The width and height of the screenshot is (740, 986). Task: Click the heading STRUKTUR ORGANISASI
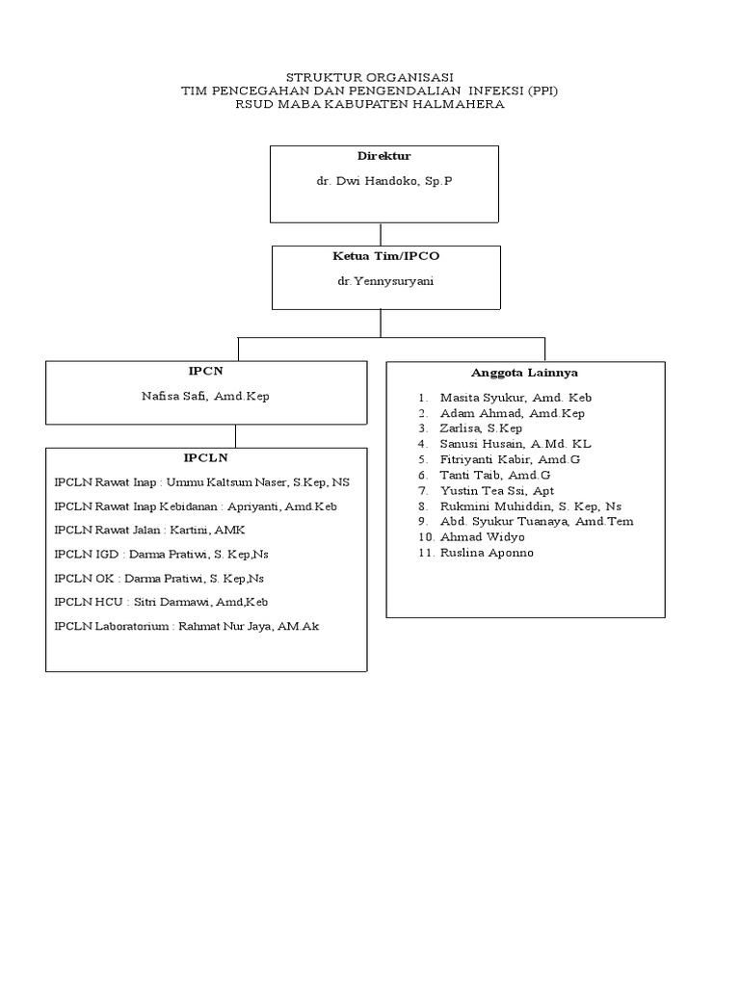(x=371, y=77)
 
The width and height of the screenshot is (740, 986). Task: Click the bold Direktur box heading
(x=383, y=156)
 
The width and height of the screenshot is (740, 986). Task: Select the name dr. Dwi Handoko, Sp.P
(x=383, y=181)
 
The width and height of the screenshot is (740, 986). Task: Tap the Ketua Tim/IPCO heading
(x=385, y=257)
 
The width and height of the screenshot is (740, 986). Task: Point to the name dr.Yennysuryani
(x=385, y=282)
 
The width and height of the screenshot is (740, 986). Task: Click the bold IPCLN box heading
(x=206, y=458)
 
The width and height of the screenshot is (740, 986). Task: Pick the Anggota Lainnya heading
(x=524, y=373)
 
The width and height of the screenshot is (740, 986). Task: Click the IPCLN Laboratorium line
(x=186, y=626)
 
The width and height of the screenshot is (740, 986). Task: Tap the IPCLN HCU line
(x=161, y=602)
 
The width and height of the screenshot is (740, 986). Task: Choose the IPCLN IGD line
(x=161, y=554)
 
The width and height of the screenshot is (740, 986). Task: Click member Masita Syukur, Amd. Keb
(x=515, y=398)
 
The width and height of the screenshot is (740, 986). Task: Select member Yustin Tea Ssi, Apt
(x=496, y=490)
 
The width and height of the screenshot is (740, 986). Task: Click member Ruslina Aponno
(x=487, y=553)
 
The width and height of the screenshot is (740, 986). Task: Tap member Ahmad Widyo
(x=482, y=536)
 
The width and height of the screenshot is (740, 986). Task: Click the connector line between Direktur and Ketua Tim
(x=382, y=234)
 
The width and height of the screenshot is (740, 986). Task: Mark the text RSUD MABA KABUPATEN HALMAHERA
(x=371, y=104)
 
